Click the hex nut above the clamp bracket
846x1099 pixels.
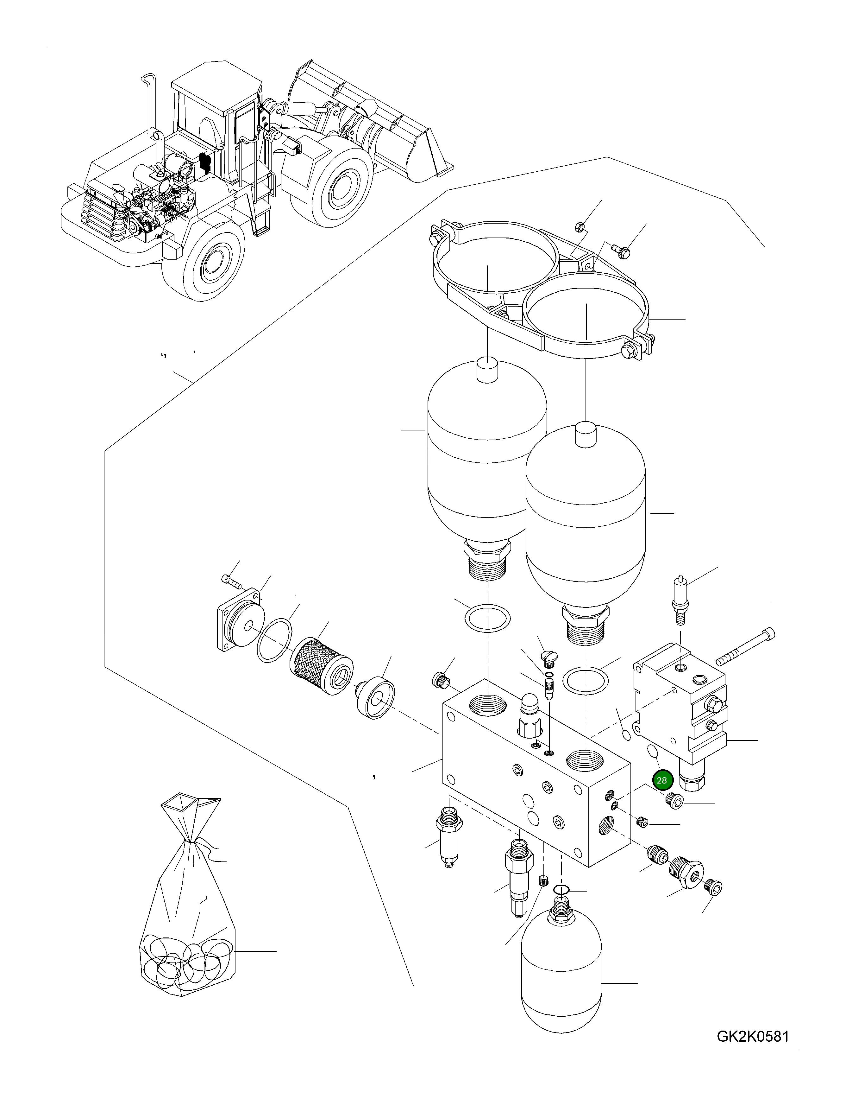pyautogui.click(x=579, y=227)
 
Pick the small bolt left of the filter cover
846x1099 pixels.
pyautogui.click(x=231, y=581)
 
